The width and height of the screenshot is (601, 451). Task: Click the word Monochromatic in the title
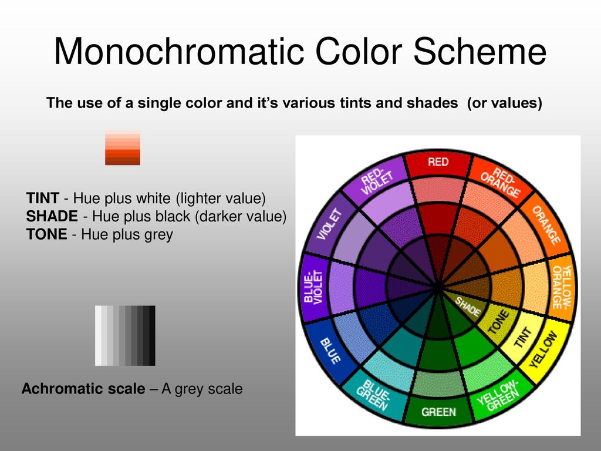click(x=180, y=52)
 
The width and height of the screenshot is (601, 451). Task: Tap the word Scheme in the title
click(x=480, y=52)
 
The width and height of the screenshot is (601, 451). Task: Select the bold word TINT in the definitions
click(x=42, y=198)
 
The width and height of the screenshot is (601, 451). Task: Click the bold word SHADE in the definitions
click(x=52, y=216)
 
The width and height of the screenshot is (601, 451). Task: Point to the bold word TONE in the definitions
click(x=46, y=234)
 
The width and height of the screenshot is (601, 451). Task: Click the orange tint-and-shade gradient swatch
click(x=123, y=148)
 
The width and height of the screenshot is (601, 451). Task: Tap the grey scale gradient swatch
click(x=125, y=335)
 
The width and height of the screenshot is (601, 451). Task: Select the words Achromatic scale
click(x=83, y=389)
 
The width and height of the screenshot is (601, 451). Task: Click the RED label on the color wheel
click(x=438, y=162)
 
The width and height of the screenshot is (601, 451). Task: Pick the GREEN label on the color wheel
click(x=438, y=412)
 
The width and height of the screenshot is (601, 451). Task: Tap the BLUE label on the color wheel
click(x=330, y=351)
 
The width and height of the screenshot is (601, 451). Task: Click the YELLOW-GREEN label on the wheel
click(x=498, y=396)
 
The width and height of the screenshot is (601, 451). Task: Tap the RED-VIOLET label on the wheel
click(x=377, y=182)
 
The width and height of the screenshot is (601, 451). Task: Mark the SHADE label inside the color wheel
click(x=468, y=307)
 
